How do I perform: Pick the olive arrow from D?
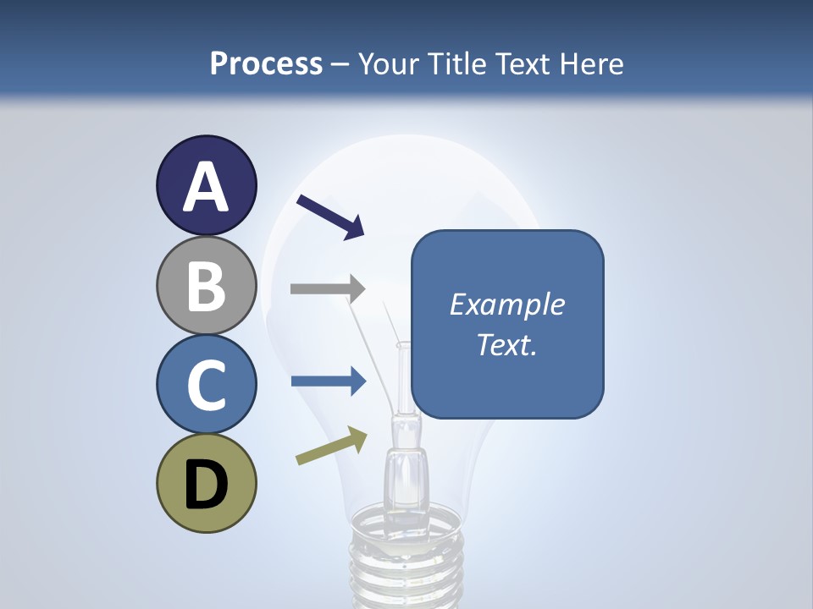[331, 446]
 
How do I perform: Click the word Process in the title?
[266, 64]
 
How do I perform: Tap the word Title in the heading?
[458, 64]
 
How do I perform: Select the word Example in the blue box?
[506, 304]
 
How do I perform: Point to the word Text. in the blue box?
[506, 344]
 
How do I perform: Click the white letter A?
[206, 187]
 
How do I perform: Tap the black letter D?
[206, 485]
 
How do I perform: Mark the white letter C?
[206, 385]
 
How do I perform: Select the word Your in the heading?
[387, 64]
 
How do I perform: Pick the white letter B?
[206, 286]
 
